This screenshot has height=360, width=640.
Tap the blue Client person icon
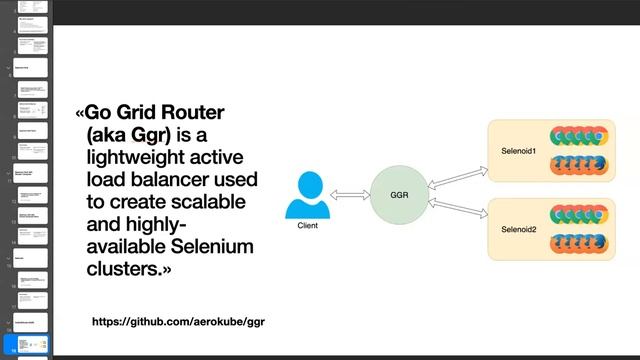pos(307,196)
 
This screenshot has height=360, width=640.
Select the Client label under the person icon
pos(307,226)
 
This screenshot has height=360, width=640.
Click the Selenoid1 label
pos(519,151)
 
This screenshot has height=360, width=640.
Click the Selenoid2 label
pos(519,229)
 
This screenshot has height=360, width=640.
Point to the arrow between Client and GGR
pos(349,194)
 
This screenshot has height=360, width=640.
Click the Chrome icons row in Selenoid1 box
pos(577,137)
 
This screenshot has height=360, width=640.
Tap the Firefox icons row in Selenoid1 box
pos(577,165)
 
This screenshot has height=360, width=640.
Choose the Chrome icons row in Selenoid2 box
pos(577,214)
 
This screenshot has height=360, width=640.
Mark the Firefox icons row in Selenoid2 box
pos(577,242)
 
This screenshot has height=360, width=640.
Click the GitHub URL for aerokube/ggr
pos(178,322)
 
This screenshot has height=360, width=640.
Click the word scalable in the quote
pos(213,202)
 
